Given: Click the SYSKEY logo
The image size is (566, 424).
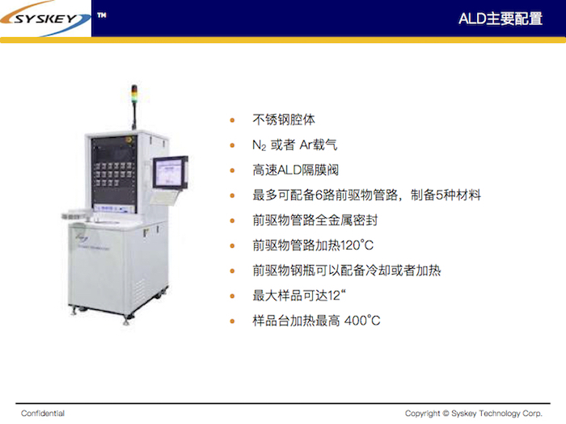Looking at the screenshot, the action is [45, 19].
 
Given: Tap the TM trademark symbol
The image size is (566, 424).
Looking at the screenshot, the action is [102, 15].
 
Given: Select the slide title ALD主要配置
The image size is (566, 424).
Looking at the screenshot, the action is [501, 19].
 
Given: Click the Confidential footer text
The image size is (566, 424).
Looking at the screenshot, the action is [43, 414].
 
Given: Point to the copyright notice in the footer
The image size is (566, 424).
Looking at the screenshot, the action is [473, 414].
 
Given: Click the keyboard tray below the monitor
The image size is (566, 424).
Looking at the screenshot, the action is [164, 197].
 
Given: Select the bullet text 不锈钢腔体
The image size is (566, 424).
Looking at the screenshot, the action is [284, 120].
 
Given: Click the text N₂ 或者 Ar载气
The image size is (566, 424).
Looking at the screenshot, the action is [294, 145].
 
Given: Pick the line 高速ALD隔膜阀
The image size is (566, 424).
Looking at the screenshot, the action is [296, 170].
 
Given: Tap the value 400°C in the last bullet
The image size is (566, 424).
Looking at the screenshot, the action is [362, 321].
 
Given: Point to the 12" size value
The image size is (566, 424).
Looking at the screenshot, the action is [337, 296].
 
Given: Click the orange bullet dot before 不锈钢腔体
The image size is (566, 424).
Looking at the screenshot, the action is [232, 120].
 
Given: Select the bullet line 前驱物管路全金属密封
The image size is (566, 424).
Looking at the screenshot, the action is [315, 220].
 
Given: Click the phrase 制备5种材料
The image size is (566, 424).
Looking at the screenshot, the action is [446, 195].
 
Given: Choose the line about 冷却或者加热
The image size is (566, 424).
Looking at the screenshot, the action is [347, 271].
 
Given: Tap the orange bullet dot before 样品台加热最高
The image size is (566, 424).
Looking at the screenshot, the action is [232, 321].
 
